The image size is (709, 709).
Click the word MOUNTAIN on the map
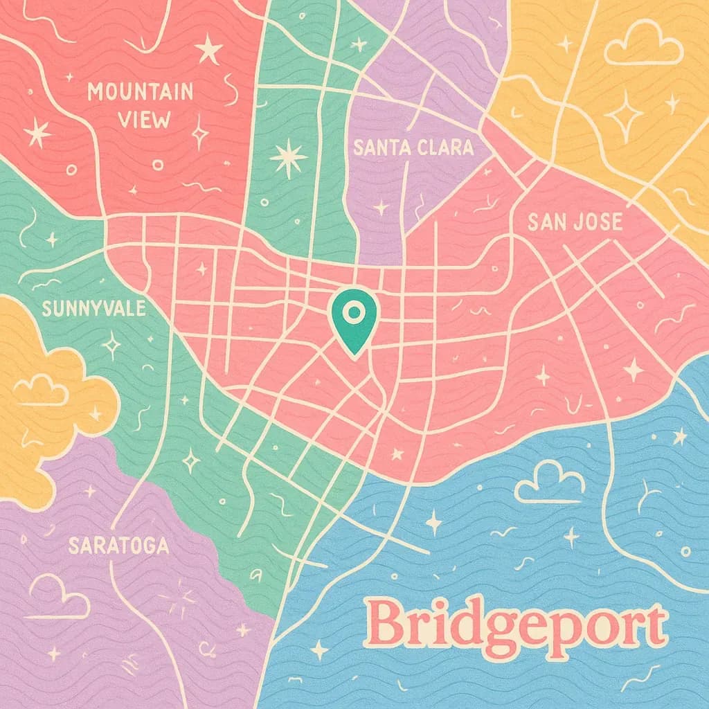pos(140,92)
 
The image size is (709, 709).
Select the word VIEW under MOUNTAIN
pos(144,120)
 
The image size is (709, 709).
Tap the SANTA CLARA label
pos(413,147)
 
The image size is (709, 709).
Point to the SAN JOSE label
pos(574,222)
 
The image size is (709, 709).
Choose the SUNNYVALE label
pos(93,308)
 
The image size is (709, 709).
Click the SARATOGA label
pos(118,546)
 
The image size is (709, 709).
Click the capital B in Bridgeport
pos(384,623)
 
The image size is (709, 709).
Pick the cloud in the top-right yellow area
pos(643,46)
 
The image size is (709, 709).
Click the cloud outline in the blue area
pos(548,484)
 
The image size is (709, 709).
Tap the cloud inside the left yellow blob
pos(42,391)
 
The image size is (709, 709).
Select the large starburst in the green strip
pos(288,157)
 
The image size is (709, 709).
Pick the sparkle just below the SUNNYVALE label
pos(111,344)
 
